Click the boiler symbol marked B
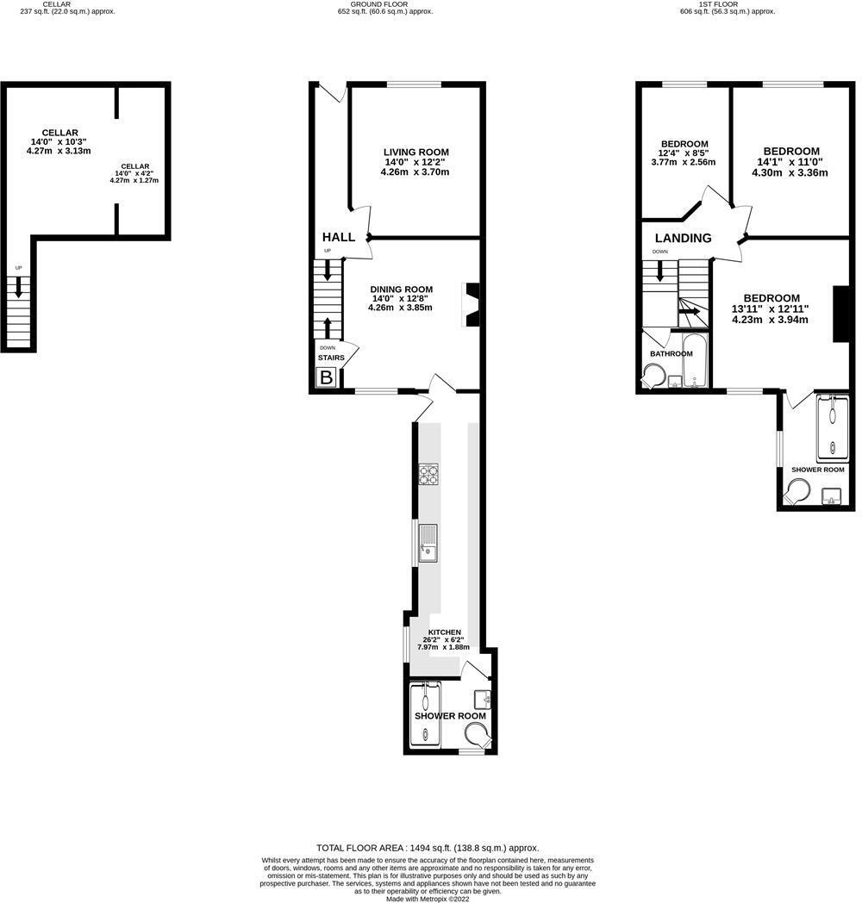tap(327, 377)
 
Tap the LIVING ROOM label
tap(416, 153)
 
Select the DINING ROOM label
tap(401, 290)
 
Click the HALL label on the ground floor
tap(339, 237)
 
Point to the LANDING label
tap(683, 238)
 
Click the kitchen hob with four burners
tap(428, 473)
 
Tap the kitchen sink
tap(428, 542)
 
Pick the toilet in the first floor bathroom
tap(653, 377)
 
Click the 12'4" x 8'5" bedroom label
tap(684, 144)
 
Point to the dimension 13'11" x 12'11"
tap(770, 308)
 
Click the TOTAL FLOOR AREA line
tap(428, 847)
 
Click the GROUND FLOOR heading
tap(384, 3)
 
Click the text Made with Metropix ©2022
tap(428, 898)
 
